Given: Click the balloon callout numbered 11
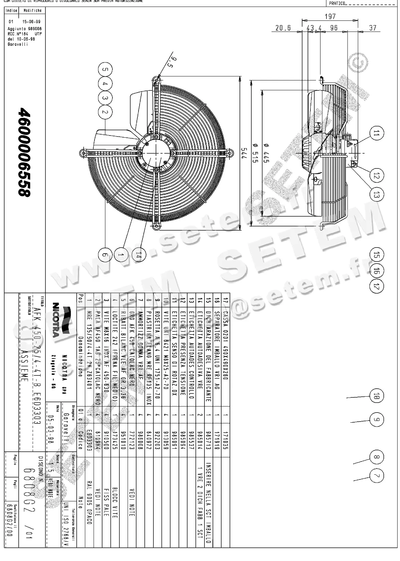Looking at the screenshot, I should click(x=376, y=133).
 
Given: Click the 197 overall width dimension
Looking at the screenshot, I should click(x=330, y=16).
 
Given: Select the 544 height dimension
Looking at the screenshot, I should click(x=244, y=153).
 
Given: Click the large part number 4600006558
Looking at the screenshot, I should click(x=25, y=152).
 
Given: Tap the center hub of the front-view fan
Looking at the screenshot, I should click(x=156, y=153).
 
